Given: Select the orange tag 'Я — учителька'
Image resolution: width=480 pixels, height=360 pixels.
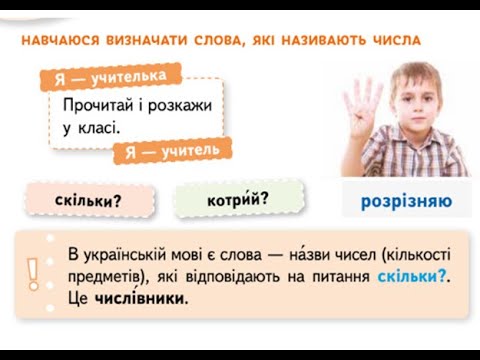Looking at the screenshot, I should click(111, 78).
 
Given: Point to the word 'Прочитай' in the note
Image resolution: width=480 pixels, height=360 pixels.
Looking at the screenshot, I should click(97, 105).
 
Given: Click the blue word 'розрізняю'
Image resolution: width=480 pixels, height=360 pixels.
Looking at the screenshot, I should click(405, 201).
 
